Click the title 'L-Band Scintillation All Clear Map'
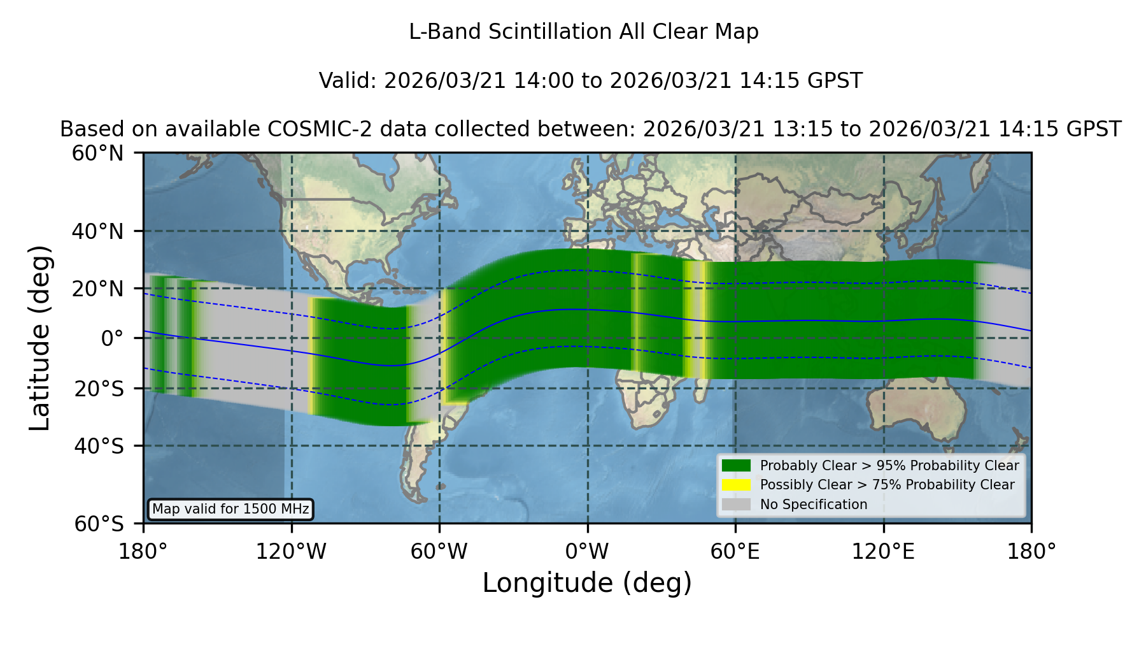[584, 32]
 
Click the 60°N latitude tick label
[98, 153]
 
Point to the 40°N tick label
[98, 231]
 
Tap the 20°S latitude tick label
[99, 388]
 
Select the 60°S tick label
[99, 524]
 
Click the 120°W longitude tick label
[291, 551]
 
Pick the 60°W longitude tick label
[439, 551]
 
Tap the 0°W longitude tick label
[587, 551]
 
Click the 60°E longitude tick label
[735, 551]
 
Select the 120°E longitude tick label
[884, 551]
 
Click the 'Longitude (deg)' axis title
[587, 584]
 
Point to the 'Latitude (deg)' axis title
[39, 338]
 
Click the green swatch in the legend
[737, 466]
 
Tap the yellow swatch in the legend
[737, 485]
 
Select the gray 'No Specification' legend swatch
[737, 505]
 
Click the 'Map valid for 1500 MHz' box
[230, 509]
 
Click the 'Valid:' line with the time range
[590, 81]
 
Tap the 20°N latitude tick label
[98, 289]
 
